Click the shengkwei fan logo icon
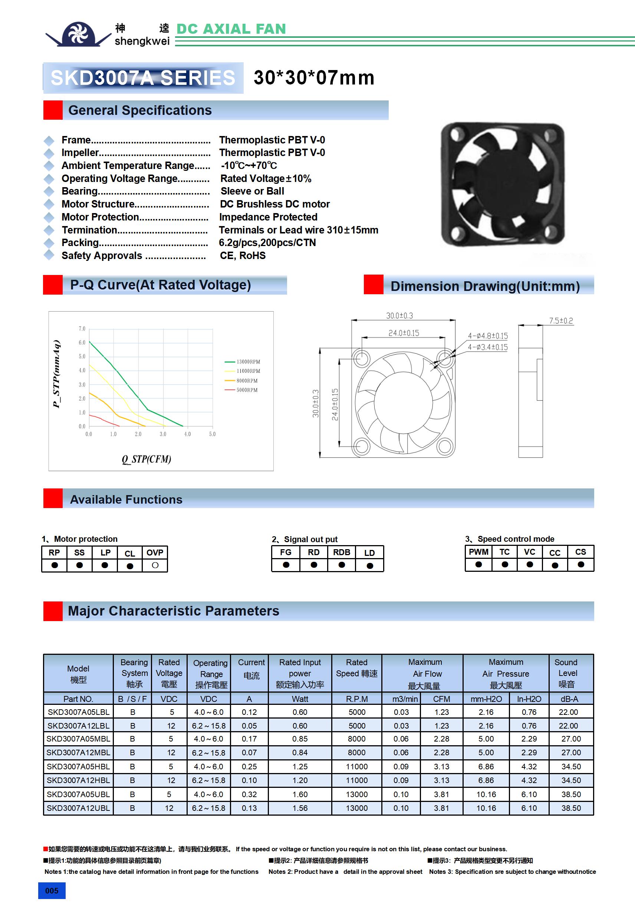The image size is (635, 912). pyautogui.click(x=78, y=34)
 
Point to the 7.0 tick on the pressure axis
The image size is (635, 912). pyautogui.click(x=82, y=328)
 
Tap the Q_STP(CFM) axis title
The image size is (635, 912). pyautogui.click(x=146, y=459)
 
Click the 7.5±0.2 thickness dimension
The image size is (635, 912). pyautogui.click(x=561, y=321)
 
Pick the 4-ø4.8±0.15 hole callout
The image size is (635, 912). pyautogui.click(x=487, y=336)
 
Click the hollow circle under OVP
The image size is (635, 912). pyautogui.click(x=155, y=565)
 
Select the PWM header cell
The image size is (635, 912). pyautogui.click(x=478, y=552)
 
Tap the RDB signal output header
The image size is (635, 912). pyautogui.click(x=342, y=552)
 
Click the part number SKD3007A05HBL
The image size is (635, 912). pyautogui.click(x=78, y=766)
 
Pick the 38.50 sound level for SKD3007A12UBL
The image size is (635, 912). pyautogui.click(x=571, y=808)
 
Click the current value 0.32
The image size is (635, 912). pyautogui.click(x=249, y=794)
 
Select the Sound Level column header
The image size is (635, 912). pyautogui.click(x=567, y=673)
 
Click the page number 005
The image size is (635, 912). pyautogui.click(x=52, y=891)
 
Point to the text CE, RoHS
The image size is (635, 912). pyautogui.click(x=243, y=255)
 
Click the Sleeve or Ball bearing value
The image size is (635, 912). pyautogui.click(x=252, y=191)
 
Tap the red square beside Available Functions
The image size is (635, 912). pyautogui.click(x=53, y=498)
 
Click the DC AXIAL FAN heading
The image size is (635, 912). pyautogui.click(x=231, y=29)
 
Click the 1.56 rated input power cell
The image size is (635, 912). pyautogui.click(x=300, y=808)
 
